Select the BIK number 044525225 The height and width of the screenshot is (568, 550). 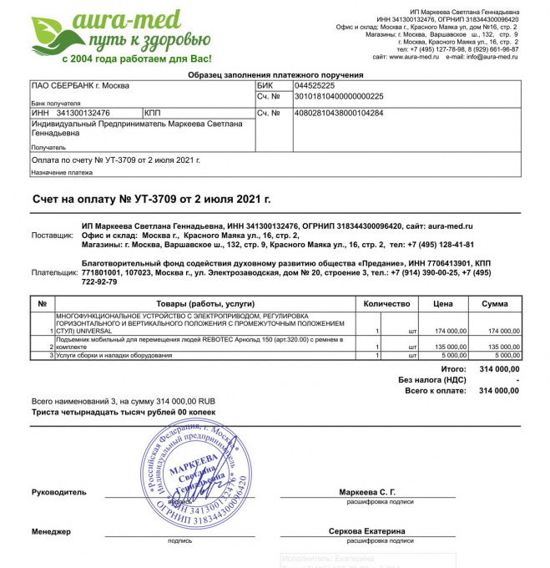point(315,85)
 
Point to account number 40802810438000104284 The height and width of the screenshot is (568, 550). point(339,113)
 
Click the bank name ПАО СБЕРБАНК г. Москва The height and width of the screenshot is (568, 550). point(80,85)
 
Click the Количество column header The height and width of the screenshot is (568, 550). point(387,303)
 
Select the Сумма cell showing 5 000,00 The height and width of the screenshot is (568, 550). point(504,356)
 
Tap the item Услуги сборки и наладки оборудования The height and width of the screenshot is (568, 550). point(114,356)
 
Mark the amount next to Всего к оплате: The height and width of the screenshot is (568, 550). point(498,390)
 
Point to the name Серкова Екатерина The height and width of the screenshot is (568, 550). point(366,531)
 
